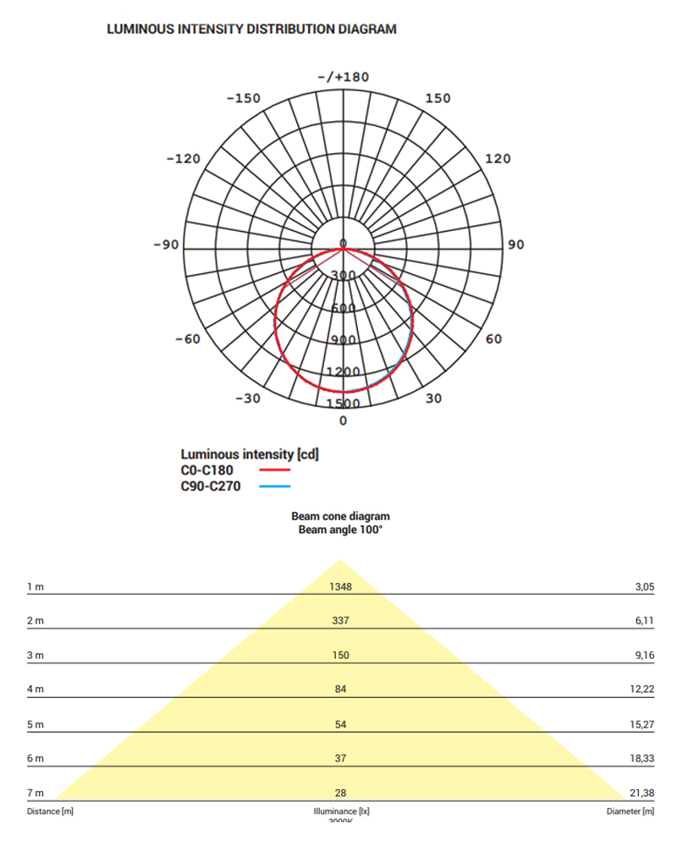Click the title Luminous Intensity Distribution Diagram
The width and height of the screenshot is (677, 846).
tap(251, 29)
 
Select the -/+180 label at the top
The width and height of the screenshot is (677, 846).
tap(343, 77)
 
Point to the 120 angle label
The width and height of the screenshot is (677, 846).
tap(498, 159)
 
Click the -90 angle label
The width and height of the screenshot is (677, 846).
tap(166, 245)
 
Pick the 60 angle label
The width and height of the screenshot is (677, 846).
tap(493, 339)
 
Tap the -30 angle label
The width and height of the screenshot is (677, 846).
tap(247, 398)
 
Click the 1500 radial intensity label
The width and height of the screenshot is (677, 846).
tap(344, 404)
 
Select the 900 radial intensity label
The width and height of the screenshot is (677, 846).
tap(344, 340)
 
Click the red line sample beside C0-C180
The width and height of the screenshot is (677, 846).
tap(274, 470)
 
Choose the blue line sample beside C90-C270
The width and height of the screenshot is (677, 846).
tap(274, 486)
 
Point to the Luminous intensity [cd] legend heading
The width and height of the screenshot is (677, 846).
tap(250, 454)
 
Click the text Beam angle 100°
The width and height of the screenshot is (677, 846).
tap(340, 530)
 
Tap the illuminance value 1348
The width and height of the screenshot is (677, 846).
tap(340, 586)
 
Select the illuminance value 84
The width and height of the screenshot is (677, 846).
tap(341, 689)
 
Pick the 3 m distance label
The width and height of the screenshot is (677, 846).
tap(35, 656)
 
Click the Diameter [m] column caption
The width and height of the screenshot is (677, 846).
tap(630, 811)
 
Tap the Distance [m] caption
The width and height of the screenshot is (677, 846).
tap(50, 811)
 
